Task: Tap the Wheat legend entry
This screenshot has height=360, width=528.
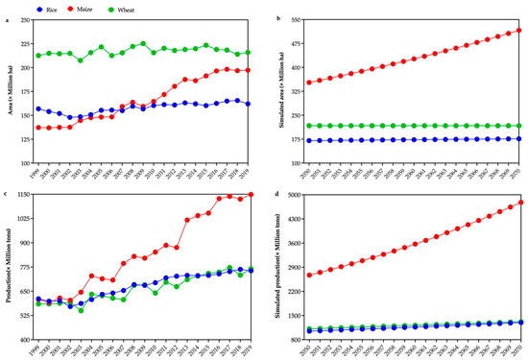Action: click(126, 9)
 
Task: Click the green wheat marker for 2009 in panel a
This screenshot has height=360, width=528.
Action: click(143, 43)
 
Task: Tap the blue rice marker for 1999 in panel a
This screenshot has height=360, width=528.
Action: click(38, 108)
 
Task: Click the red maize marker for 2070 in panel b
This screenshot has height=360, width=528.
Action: click(518, 31)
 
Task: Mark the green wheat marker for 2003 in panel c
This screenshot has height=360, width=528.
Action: click(81, 310)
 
